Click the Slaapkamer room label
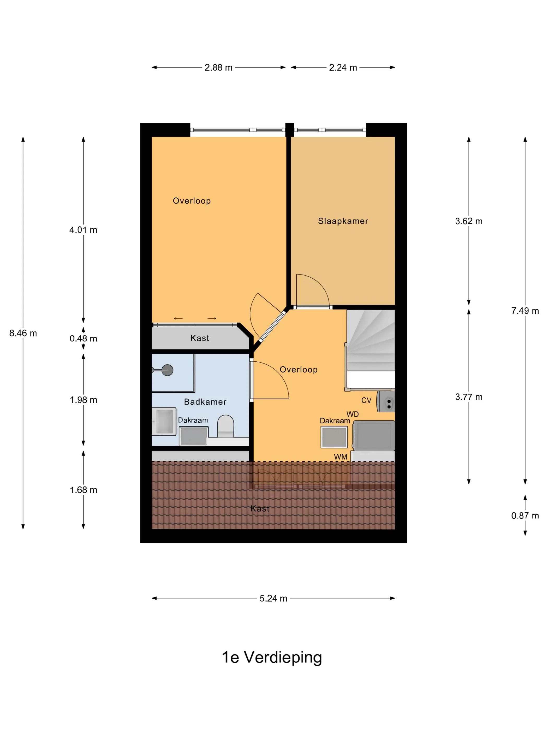click(343, 221)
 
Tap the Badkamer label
click(205, 402)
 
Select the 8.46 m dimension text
click(23, 333)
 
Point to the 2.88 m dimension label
click(218, 67)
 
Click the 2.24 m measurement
click(343, 67)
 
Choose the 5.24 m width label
click(273, 598)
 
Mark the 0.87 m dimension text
click(525, 515)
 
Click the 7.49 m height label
click(525, 311)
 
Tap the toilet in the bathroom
click(226, 426)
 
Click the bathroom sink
click(164, 421)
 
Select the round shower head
click(168, 370)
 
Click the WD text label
click(353, 414)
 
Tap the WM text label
click(341, 457)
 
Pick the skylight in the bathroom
click(194, 436)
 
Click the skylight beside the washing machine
click(334, 437)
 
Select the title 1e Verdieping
click(272, 658)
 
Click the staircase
click(370, 350)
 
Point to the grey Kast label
click(200, 338)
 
